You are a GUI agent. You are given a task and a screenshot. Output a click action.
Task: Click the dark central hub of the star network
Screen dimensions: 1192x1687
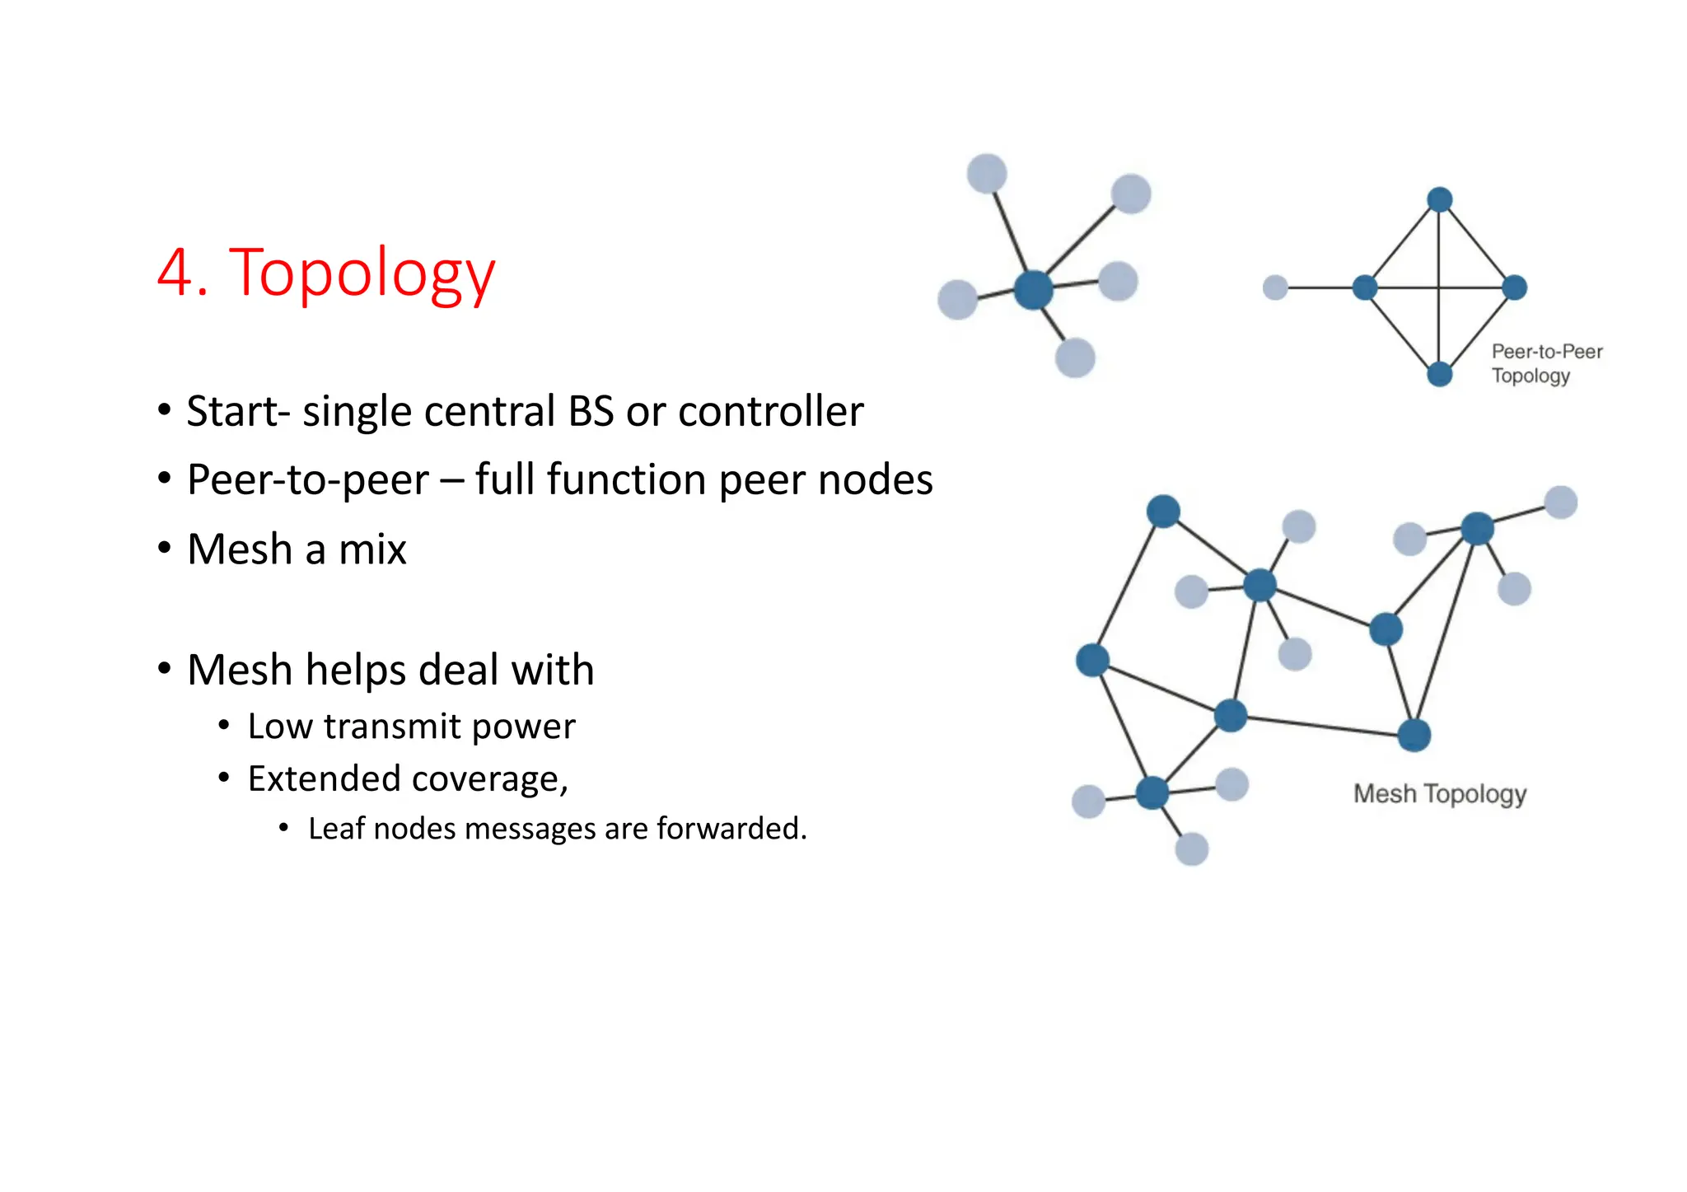(x=1033, y=289)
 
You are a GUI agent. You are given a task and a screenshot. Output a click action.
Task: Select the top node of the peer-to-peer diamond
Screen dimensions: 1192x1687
(x=1439, y=199)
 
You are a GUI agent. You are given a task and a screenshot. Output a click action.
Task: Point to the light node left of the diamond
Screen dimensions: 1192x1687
(x=1275, y=287)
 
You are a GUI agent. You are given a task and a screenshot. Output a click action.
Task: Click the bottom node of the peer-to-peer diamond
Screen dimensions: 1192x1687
(x=1439, y=374)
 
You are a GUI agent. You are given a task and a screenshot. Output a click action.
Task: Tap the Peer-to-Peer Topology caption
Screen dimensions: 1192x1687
(x=1546, y=363)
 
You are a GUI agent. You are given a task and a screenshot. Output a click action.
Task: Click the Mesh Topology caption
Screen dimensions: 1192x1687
(x=1439, y=793)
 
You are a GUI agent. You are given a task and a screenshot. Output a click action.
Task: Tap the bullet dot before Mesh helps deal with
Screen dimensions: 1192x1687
(x=165, y=669)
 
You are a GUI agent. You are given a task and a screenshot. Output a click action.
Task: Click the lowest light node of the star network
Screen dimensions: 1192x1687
(x=1075, y=358)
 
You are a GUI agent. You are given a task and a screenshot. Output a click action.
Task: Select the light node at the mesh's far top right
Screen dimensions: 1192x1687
(x=1560, y=502)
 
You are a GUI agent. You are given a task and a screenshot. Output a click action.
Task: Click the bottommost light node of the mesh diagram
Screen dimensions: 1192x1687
(x=1191, y=848)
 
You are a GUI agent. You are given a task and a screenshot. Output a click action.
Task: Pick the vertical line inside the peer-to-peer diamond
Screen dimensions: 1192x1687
(x=1439, y=247)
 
